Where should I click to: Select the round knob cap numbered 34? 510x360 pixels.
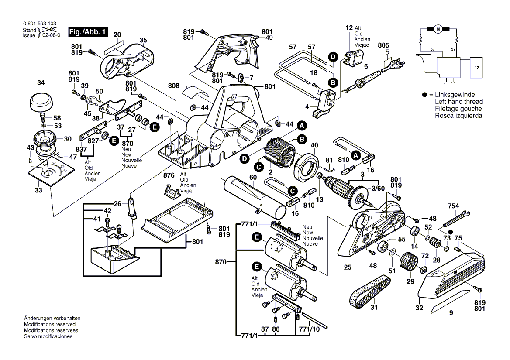41,102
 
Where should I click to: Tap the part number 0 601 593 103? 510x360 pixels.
39,24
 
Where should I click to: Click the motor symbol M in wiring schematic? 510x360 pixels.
438,29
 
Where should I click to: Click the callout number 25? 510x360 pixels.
347,267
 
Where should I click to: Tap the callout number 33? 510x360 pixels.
38,190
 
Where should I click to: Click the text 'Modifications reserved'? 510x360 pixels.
49,324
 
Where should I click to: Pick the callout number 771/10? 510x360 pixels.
309,329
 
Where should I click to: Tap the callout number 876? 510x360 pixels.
169,175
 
